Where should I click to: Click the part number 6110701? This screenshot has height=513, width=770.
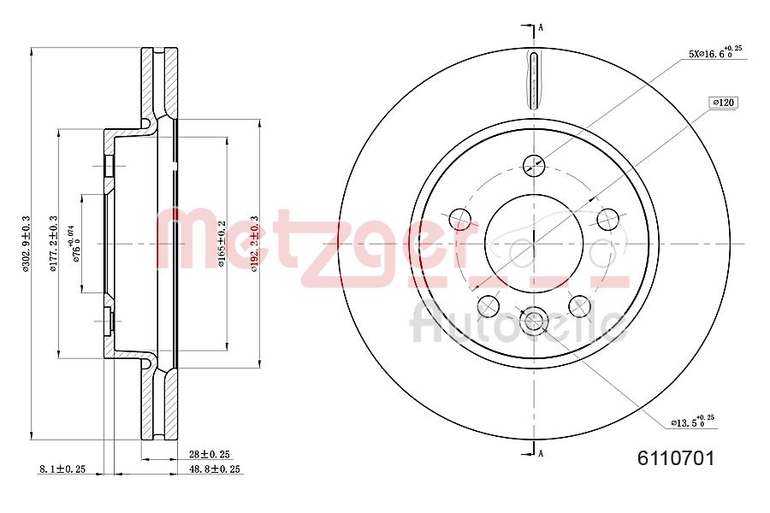tap(676, 458)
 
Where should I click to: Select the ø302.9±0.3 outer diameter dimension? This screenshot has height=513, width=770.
tap(27, 244)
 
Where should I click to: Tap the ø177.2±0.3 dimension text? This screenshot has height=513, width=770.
tap(53, 244)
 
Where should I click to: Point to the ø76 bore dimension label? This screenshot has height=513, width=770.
tap(75, 244)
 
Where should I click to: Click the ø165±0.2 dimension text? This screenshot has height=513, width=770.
tap(221, 244)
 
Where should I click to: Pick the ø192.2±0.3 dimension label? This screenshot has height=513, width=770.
tap(253, 244)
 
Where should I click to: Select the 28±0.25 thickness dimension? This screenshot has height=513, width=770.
tap(210, 454)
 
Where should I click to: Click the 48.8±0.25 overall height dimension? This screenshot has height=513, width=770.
tap(215, 469)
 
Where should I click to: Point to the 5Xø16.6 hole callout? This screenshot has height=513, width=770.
tap(714, 53)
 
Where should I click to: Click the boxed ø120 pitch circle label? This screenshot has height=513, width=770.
tap(724, 103)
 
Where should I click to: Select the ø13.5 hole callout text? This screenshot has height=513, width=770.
tap(692, 422)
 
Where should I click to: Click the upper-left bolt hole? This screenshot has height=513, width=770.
tap(460, 218)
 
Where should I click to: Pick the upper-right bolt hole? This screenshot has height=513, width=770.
tap(608, 218)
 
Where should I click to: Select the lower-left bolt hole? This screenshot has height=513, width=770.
tap(489, 305)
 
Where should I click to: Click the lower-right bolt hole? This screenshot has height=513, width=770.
tap(580, 305)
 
